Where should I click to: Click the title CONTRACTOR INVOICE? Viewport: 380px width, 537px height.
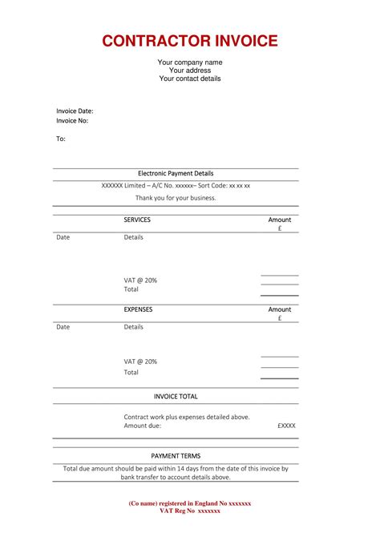190,41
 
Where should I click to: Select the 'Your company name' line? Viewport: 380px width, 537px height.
190,63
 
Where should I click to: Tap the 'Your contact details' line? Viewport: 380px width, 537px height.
190,79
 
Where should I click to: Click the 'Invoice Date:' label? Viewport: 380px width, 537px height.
75,111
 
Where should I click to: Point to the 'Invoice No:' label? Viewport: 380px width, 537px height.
72,121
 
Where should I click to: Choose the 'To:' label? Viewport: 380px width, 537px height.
61,139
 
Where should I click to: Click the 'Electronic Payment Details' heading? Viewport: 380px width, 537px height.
176,173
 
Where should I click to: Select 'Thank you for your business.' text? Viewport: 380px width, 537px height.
176,197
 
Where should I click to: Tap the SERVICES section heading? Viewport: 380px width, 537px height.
137,220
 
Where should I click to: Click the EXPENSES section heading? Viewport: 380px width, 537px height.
138,309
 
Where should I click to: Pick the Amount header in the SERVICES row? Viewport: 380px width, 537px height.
280,220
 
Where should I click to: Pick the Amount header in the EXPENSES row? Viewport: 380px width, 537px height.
280,309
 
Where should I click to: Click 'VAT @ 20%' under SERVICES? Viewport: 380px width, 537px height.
140,280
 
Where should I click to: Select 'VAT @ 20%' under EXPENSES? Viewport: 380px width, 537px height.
140,361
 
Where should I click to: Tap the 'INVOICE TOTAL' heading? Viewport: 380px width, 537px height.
176,396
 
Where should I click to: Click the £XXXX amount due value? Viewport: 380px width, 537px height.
286,426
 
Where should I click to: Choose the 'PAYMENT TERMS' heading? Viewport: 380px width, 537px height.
176,455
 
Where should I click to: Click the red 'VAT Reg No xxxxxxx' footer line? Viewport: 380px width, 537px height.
190,511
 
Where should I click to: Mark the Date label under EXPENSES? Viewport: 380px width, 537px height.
63,327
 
